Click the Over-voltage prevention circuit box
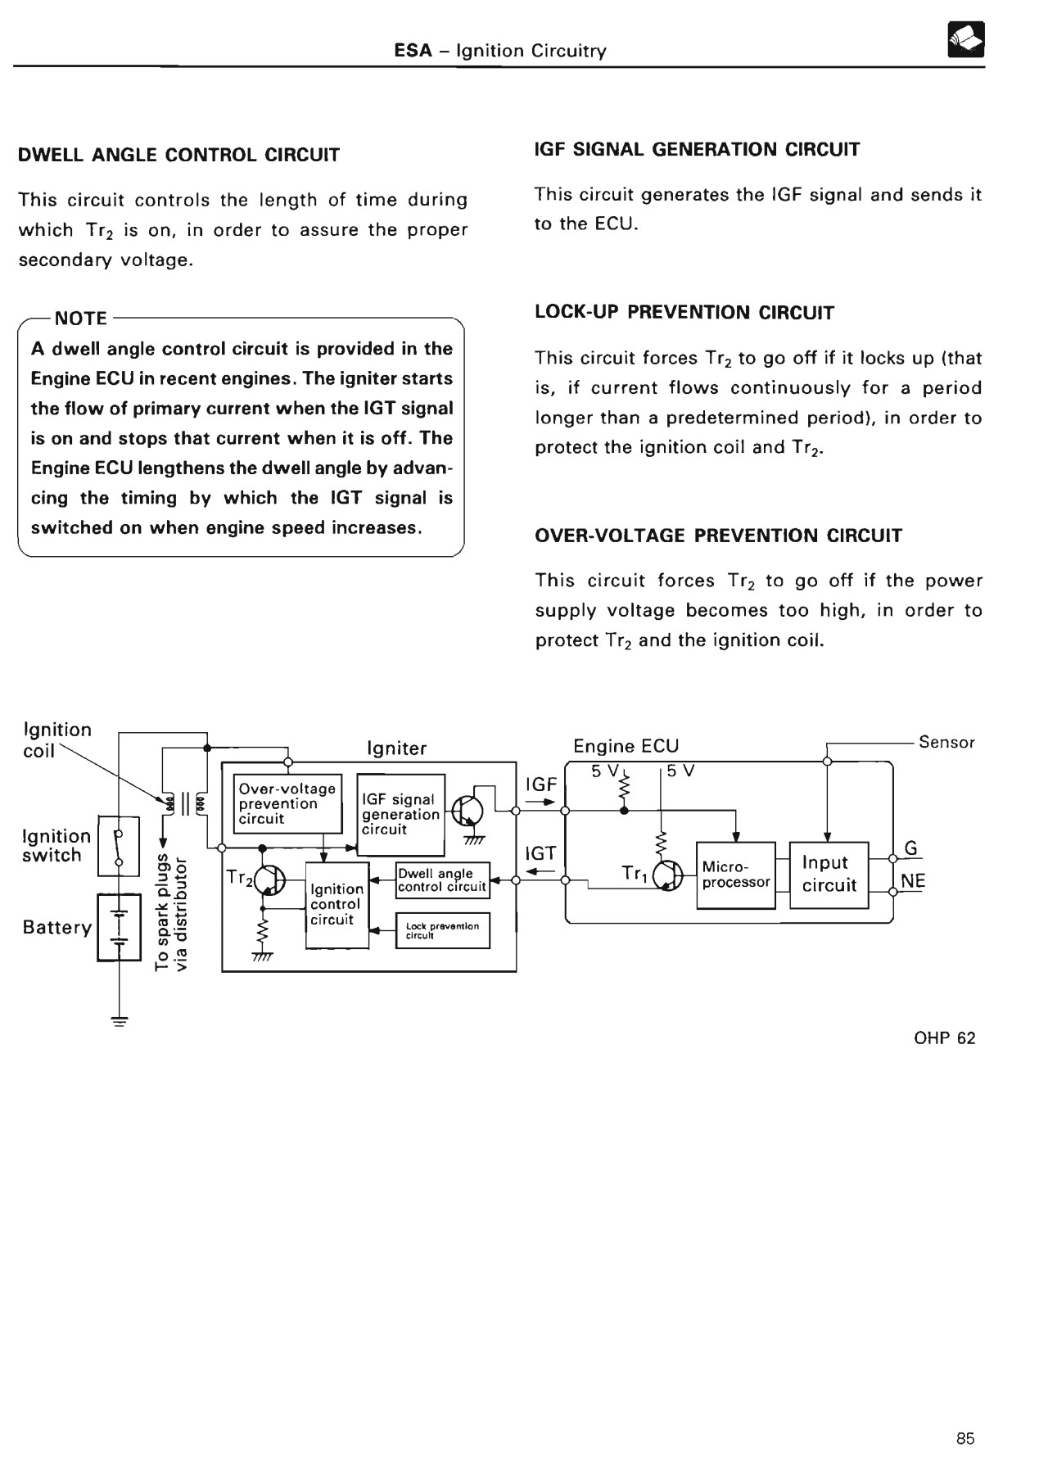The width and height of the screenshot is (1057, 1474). coord(287,803)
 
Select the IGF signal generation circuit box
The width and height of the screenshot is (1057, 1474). coord(401,814)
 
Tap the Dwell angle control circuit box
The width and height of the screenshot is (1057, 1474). coord(442,880)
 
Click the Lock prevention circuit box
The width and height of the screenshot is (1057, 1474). coord(442,930)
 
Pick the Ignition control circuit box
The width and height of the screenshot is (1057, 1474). coord(337,905)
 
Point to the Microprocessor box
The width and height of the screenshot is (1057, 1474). coord(735,875)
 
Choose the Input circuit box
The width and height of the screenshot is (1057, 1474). coord(829,875)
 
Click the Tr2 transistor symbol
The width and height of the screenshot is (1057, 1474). coord(269,881)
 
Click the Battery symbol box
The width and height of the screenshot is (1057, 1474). coord(119,927)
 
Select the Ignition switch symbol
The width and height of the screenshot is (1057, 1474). coord(119,846)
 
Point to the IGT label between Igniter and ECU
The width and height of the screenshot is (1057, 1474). coord(540,854)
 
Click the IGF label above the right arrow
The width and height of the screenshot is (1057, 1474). coord(540,784)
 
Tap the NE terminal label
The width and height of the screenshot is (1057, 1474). coord(912,881)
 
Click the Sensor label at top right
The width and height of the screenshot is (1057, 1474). coord(946,742)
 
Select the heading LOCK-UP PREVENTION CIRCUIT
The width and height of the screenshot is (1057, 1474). coord(684,313)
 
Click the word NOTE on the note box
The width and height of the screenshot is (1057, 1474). coord(80,319)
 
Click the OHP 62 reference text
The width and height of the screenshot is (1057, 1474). coord(944,1038)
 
